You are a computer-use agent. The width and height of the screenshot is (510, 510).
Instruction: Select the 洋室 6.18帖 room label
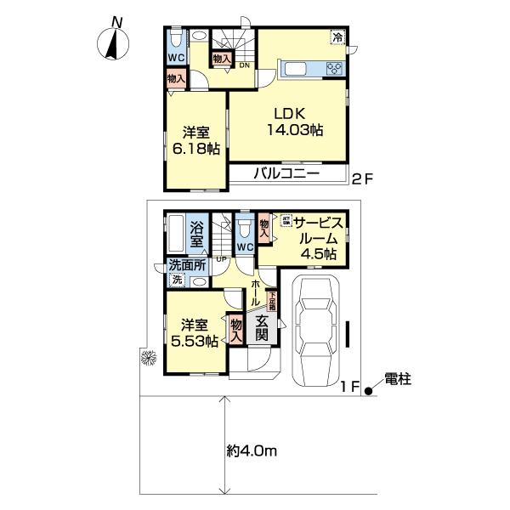coord(196,140)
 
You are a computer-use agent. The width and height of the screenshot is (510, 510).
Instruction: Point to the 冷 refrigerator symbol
coord(337,37)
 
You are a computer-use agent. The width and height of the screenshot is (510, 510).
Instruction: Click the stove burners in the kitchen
coord(332,69)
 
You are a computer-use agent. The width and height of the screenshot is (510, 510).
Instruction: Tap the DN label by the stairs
coord(243,65)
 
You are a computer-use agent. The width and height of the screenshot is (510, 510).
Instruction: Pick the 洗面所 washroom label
coord(186,263)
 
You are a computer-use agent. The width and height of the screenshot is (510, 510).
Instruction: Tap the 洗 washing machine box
coord(177,280)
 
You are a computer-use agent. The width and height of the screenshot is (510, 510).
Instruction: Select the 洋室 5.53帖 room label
coord(196,332)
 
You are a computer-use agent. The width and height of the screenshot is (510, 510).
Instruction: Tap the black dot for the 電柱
coord(368,392)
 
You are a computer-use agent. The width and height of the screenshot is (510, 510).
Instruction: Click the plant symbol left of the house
coord(146,359)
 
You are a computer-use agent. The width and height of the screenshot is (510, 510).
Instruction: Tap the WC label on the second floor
coord(176,58)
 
